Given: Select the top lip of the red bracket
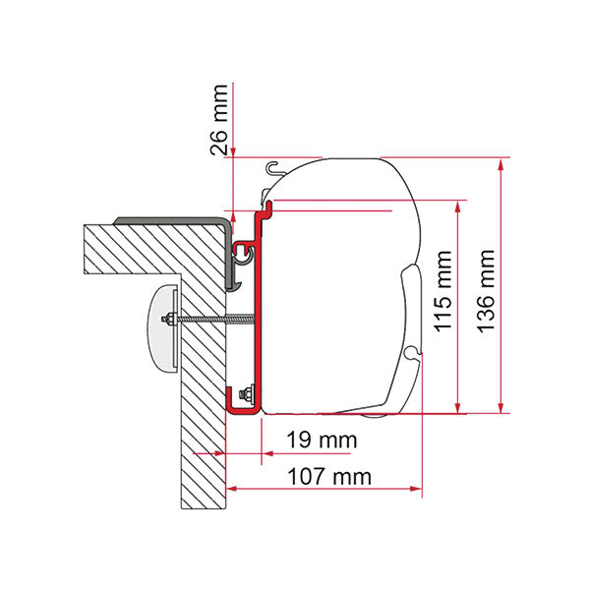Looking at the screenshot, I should coord(264,207).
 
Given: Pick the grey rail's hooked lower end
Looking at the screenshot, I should coord(231,283).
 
